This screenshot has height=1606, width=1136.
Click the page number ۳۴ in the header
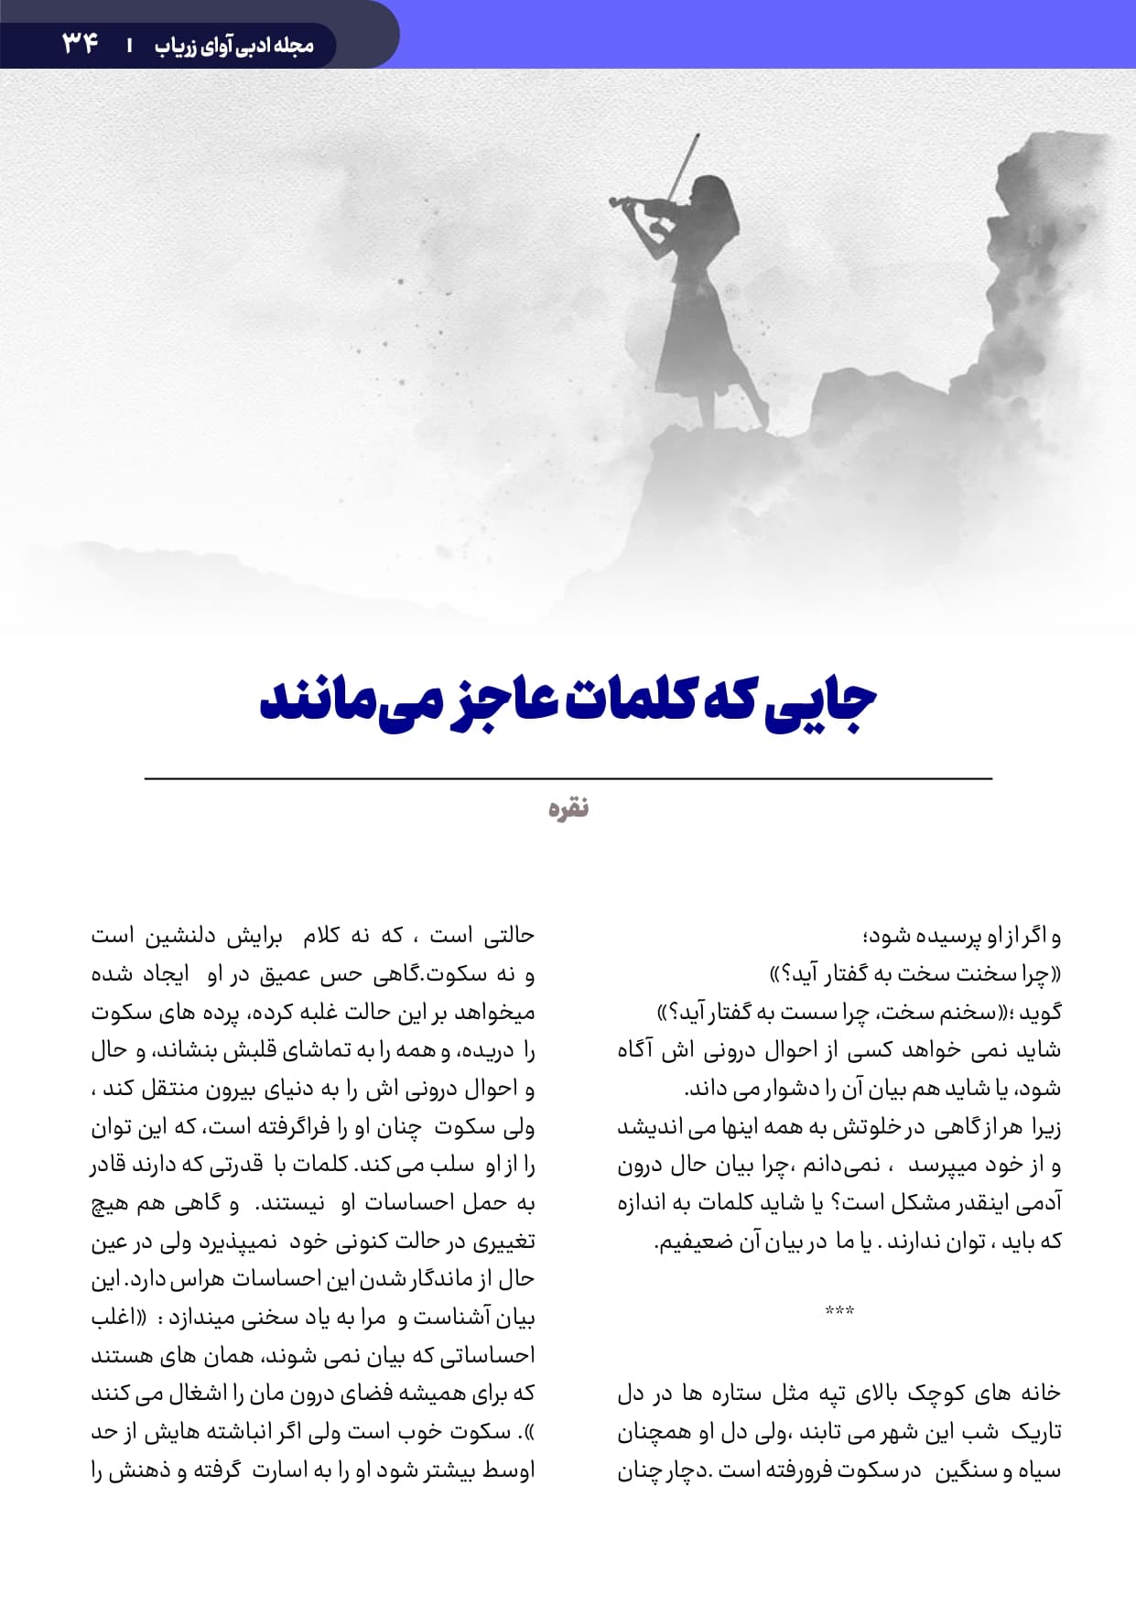(x=81, y=42)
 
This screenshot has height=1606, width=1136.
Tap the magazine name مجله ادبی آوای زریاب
(x=234, y=45)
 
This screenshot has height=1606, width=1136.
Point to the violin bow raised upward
(x=683, y=165)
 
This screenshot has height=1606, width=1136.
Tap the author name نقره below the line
(x=568, y=808)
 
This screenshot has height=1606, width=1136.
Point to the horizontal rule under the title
(x=568, y=778)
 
